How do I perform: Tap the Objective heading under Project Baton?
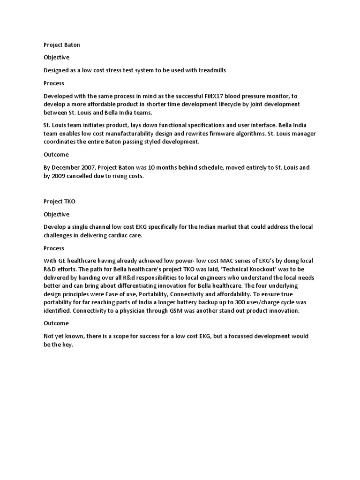(x=56, y=57)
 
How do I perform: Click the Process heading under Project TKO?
(x=54, y=248)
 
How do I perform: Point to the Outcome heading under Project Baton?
(x=56, y=155)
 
